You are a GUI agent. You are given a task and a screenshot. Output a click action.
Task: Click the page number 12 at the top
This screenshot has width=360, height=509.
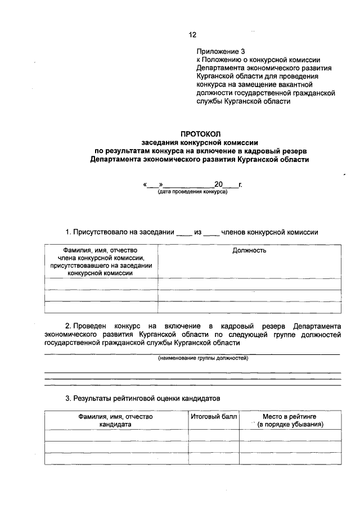click(192, 35)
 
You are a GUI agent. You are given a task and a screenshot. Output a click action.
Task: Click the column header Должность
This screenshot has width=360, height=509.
click(249, 250)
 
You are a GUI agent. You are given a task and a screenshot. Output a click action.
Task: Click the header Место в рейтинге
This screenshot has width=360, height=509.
click(290, 417)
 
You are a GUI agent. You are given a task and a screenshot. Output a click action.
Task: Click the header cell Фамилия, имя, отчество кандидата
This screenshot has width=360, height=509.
click(116, 421)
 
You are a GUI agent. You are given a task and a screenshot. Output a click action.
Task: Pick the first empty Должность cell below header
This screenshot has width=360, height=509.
click(249, 283)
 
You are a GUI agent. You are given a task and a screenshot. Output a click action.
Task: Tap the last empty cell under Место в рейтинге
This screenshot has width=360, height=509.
click(290, 458)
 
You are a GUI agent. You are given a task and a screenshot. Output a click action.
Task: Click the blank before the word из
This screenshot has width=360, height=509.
click(184, 232)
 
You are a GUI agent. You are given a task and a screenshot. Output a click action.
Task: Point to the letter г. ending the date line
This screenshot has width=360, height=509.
click(240, 184)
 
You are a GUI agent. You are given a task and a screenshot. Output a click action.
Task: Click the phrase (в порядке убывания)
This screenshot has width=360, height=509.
click(290, 425)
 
